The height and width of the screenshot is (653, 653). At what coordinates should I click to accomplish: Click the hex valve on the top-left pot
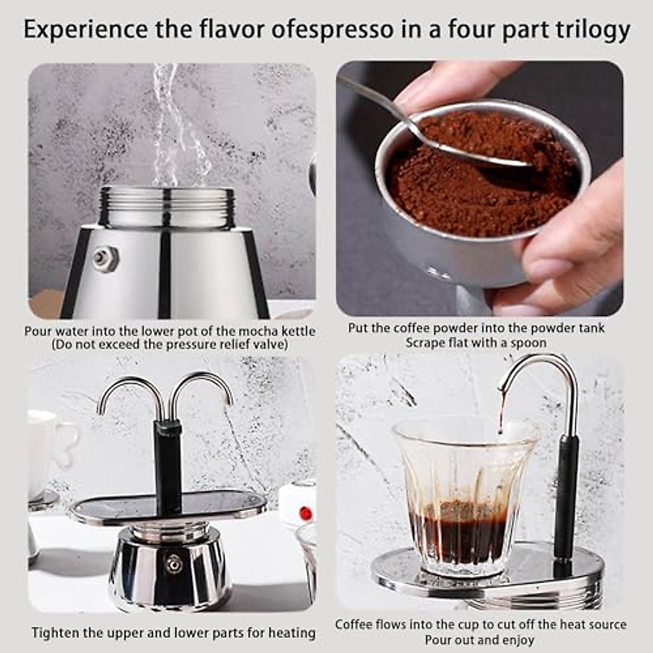[x=105, y=258]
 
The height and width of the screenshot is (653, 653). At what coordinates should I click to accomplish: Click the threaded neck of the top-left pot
[x=167, y=207]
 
